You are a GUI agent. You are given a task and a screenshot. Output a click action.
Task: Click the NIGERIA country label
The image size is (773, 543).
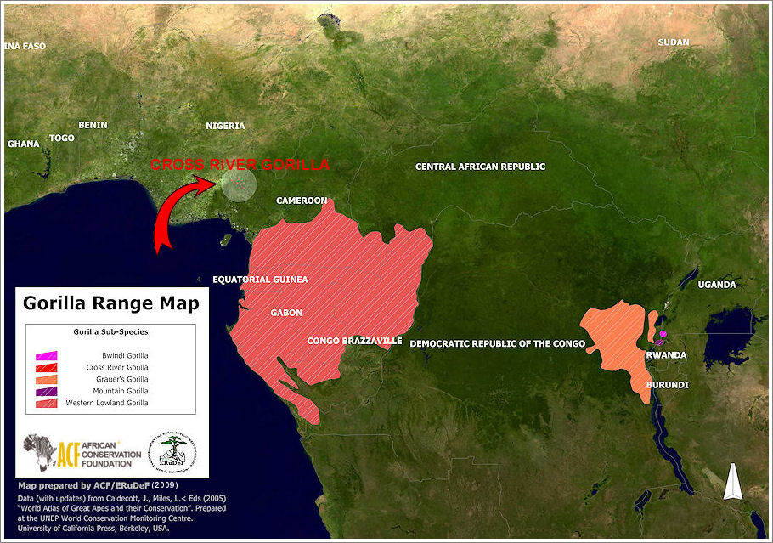tap(225, 126)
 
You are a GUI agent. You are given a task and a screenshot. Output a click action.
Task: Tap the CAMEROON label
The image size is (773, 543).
tap(302, 201)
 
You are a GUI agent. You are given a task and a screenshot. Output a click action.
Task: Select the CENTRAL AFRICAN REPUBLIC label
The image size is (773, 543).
tap(480, 167)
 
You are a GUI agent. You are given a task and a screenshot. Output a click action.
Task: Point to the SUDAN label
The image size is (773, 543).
tap(674, 42)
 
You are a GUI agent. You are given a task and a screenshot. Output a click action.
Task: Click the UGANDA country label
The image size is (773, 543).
tap(717, 285)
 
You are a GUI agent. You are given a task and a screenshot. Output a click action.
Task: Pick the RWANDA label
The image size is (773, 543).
tap(667, 355)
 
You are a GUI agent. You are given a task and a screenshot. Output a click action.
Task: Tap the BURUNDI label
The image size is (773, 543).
tap(667, 385)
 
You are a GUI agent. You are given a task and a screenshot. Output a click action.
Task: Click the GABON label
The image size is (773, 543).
tap(286, 313)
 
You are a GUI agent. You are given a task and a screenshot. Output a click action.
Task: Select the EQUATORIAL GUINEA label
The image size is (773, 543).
tap(260, 279)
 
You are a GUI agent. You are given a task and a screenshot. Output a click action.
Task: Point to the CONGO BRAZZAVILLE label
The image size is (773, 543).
tap(354, 341)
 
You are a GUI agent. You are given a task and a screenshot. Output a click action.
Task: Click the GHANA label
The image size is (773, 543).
tap(23, 144)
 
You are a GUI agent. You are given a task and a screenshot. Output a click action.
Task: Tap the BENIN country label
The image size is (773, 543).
tap(93, 125)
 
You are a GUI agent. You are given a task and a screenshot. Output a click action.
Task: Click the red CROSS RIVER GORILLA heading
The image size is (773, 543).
tap(240, 165)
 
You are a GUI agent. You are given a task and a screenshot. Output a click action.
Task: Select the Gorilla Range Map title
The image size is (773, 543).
tap(111, 303)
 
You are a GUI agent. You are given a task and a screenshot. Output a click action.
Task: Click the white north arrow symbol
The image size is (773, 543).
tap(732, 482)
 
